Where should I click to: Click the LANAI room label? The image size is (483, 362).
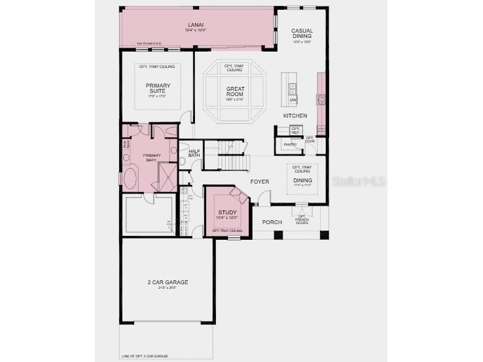[x=196, y=24]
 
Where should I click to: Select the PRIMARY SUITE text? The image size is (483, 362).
[x=158, y=88]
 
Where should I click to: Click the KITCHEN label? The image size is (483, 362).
[x=295, y=116]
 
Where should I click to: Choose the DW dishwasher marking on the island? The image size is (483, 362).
[x=293, y=100]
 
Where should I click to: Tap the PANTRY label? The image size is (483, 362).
[x=290, y=144]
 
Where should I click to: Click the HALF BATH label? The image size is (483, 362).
[x=194, y=153]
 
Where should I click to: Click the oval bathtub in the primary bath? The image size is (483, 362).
[x=130, y=178]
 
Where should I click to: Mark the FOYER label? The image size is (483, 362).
[x=260, y=182]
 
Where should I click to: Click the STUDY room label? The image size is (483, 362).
[x=227, y=212]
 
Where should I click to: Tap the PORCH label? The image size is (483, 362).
[x=272, y=222]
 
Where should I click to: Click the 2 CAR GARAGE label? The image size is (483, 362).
[x=168, y=282]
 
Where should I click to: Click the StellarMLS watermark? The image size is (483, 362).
[x=358, y=181]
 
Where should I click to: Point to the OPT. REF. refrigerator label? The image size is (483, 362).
[x=295, y=131]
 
